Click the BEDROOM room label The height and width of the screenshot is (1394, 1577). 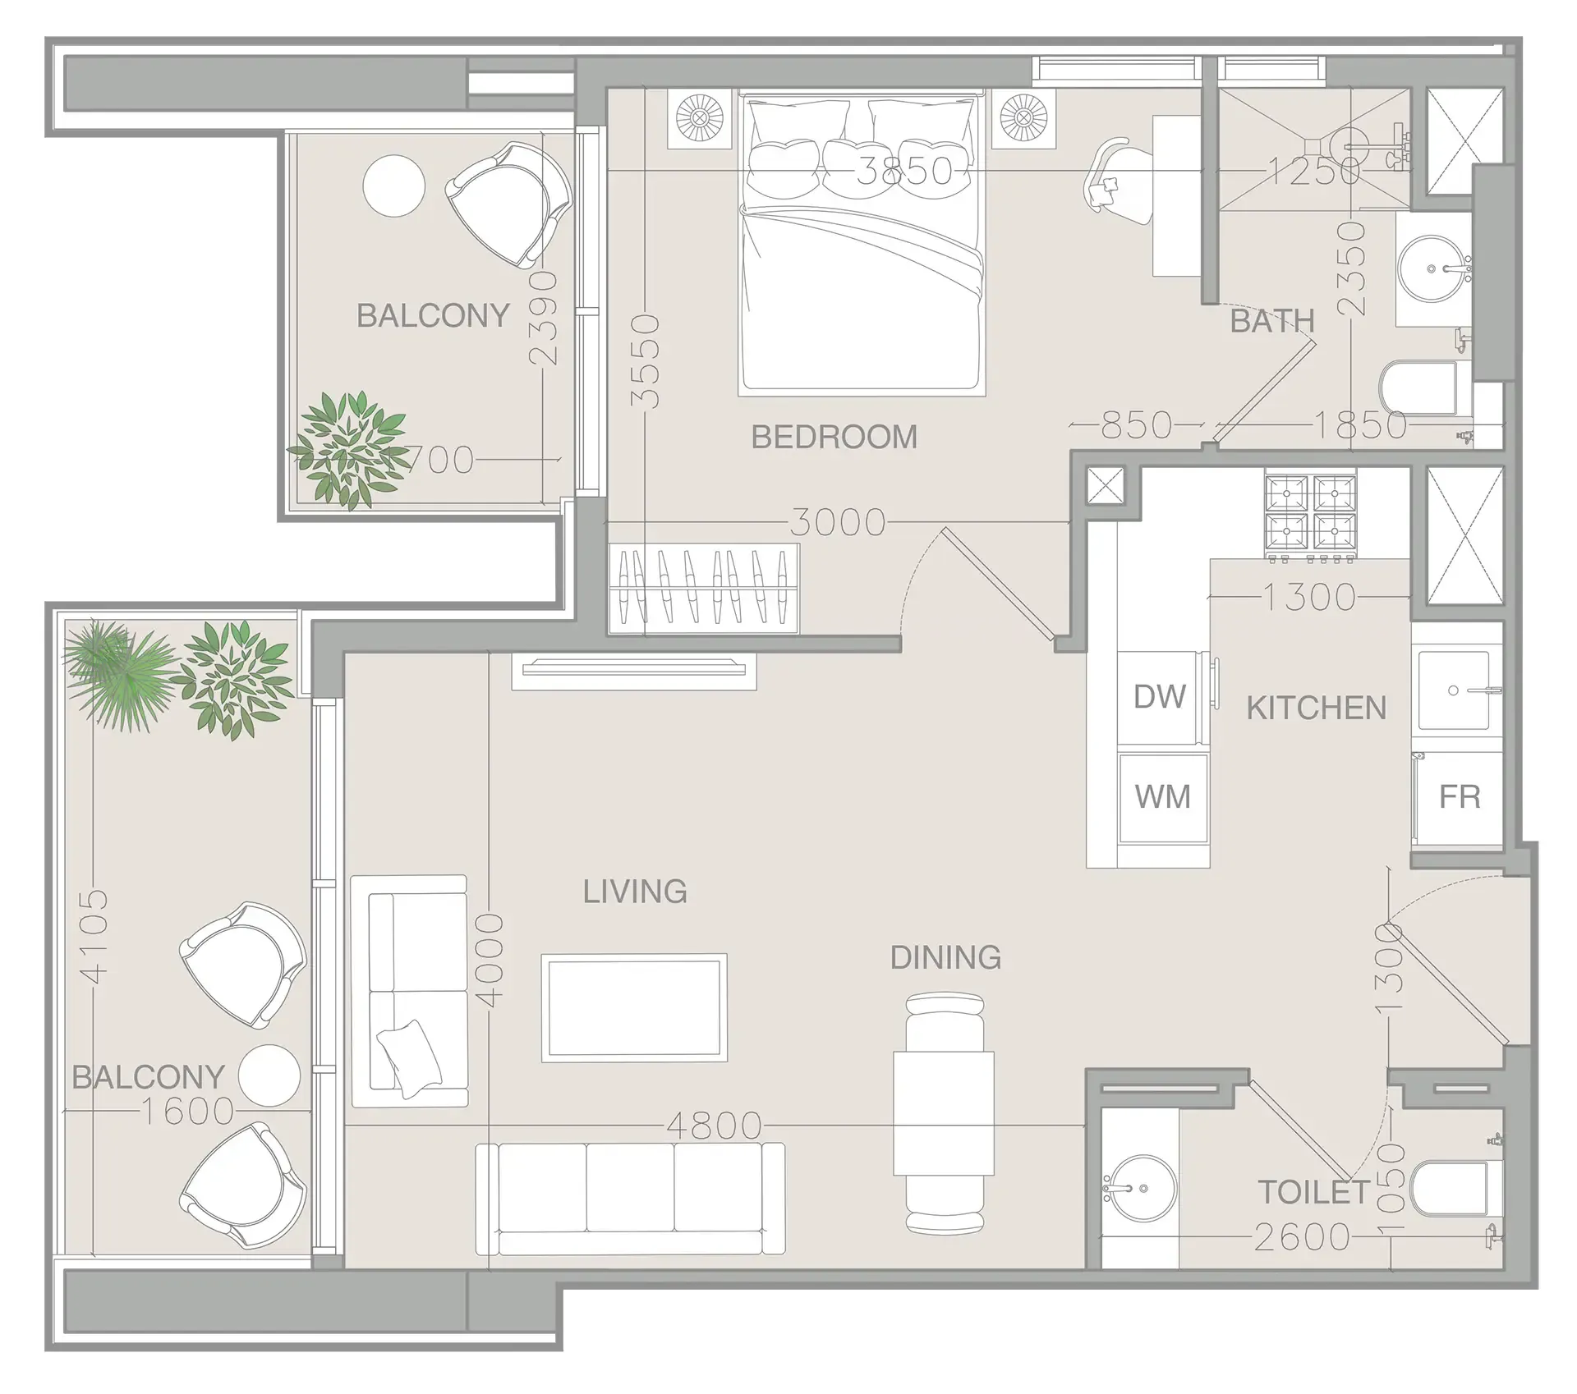834,437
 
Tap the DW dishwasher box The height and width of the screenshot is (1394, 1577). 1159,697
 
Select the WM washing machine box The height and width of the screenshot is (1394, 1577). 1162,797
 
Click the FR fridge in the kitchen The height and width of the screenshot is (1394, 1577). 1459,797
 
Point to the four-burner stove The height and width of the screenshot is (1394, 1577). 1310,512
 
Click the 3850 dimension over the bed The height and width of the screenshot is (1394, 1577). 904,171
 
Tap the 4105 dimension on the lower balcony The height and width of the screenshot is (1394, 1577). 95,935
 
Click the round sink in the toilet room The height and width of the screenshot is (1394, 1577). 1139,1189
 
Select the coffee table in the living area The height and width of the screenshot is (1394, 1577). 633,1007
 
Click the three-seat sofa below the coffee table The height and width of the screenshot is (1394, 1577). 630,1198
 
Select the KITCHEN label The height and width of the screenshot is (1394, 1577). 1316,708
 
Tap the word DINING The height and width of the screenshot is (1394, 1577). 945,957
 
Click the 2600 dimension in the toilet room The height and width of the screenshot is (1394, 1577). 1301,1237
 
